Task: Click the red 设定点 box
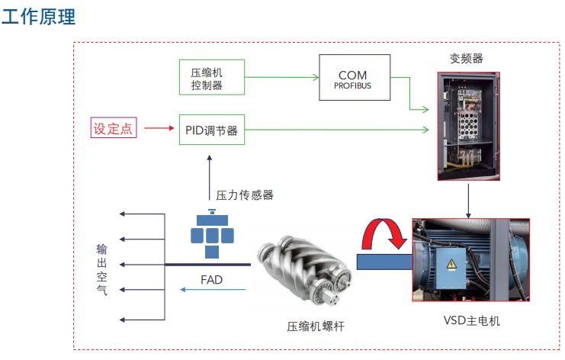[x=113, y=128]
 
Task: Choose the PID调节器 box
[x=211, y=130]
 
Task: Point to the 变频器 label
[x=466, y=58]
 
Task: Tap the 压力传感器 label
[x=244, y=195]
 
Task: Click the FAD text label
[x=212, y=280]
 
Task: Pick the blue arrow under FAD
[x=213, y=291]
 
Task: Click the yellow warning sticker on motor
[x=451, y=264]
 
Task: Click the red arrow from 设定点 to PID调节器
[x=158, y=128]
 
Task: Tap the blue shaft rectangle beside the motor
[x=384, y=263]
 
